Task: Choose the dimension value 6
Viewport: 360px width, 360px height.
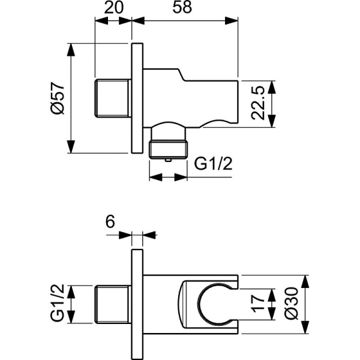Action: (x=109, y=221)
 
